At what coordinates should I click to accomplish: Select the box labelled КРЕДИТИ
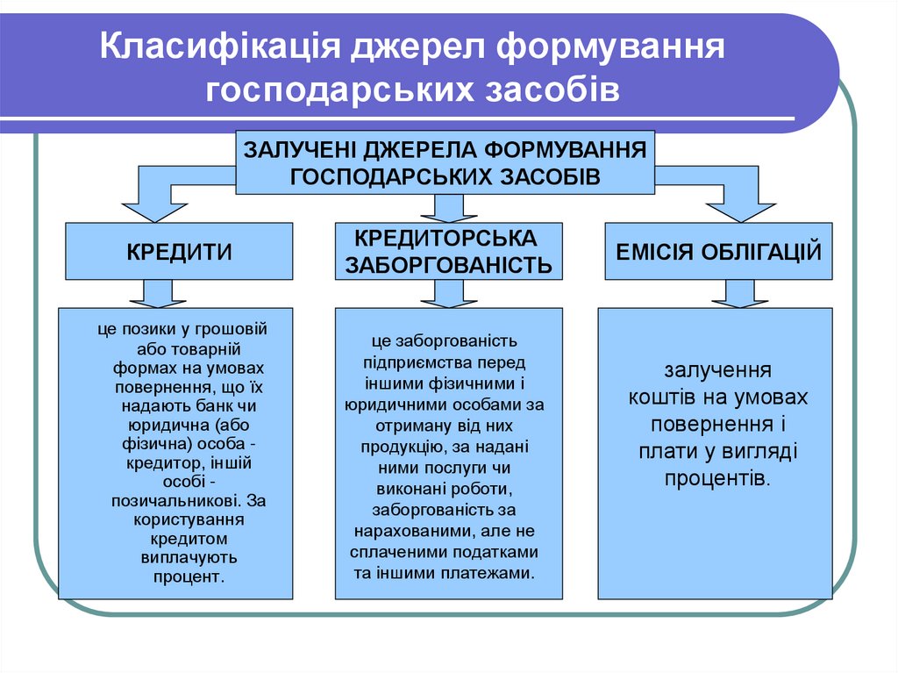(x=179, y=252)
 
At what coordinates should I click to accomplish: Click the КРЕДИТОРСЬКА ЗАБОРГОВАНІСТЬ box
(x=448, y=251)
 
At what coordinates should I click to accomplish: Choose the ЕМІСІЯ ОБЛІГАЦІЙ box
(x=718, y=252)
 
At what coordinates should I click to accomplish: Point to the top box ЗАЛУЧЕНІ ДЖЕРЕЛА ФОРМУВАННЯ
(x=445, y=162)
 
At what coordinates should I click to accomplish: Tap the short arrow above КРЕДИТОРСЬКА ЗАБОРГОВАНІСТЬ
(x=448, y=208)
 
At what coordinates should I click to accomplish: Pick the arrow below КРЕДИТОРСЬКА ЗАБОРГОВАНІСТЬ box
(x=448, y=294)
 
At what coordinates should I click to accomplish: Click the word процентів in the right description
(x=716, y=478)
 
